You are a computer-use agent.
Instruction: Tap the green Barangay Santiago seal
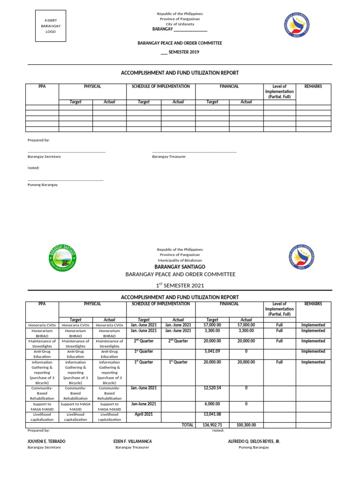(62, 258)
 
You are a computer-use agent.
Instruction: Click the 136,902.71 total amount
(212, 425)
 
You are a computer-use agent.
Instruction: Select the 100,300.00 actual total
(246, 425)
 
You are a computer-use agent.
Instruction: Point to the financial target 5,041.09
(212, 352)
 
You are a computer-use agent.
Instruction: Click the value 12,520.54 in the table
(212, 388)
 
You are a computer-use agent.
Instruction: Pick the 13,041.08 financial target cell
(212, 414)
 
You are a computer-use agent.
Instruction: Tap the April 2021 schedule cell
(144, 414)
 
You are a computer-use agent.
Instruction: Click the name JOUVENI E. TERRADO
(46, 442)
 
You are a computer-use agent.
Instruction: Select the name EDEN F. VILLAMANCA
(133, 442)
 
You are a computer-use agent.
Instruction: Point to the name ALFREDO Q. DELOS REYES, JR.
(254, 442)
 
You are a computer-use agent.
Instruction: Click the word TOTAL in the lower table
(187, 425)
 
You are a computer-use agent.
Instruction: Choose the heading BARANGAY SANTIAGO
(180, 267)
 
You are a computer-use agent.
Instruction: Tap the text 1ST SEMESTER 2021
(180, 285)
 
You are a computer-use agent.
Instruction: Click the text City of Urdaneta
(180, 23)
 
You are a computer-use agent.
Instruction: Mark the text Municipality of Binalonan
(180, 260)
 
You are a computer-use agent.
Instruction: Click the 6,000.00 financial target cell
(212, 404)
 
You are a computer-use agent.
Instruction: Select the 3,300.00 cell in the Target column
(212, 330)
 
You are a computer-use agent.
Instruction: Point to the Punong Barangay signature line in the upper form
(66, 180)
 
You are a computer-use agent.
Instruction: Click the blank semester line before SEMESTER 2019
(164, 52)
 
